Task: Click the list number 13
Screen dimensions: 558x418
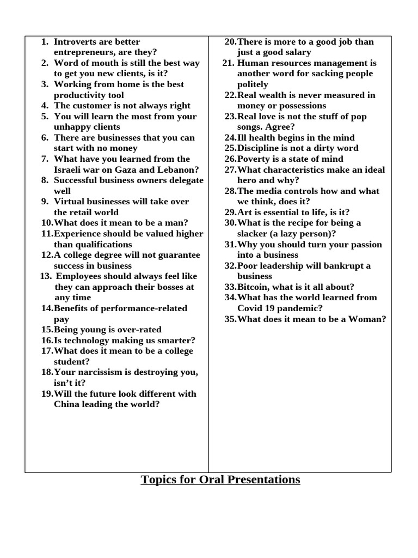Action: [x=45, y=276]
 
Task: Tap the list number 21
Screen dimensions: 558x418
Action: [x=228, y=63]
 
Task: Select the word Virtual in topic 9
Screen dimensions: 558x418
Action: [x=69, y=202]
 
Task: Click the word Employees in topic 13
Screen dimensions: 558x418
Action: [x=79, y=276]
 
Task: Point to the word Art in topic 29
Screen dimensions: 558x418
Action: [x=245, y=212]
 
